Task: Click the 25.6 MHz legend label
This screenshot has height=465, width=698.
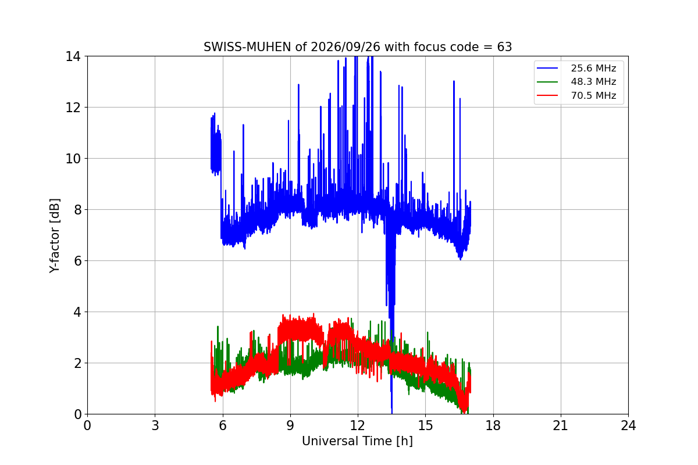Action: [x=593, y=68]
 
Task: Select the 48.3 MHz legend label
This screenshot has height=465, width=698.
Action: [x=593, y=81]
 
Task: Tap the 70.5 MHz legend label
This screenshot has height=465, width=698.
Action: [x=593, y=95]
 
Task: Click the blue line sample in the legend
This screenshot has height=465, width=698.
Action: [x=547, y=68]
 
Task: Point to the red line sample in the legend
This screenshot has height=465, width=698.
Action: [x=547, y=95]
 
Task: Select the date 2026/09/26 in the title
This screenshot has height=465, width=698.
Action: [x=346, y=47]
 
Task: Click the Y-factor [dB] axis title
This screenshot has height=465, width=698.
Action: [x=54, y=236]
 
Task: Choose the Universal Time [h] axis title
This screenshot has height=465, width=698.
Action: [x=357, y=441]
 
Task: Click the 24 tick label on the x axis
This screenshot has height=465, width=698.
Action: [x=628, y=425]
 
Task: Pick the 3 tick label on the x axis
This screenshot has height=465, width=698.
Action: [x=155, y=425]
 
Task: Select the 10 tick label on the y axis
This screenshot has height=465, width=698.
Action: [x=73, y=159]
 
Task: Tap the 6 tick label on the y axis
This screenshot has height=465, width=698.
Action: [x=77, y=261]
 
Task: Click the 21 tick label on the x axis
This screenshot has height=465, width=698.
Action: [x=561, y=425]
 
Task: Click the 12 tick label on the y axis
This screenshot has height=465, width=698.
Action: [x=73, y=108]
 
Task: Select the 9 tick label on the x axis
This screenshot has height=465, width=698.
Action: [x=290, y=425]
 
